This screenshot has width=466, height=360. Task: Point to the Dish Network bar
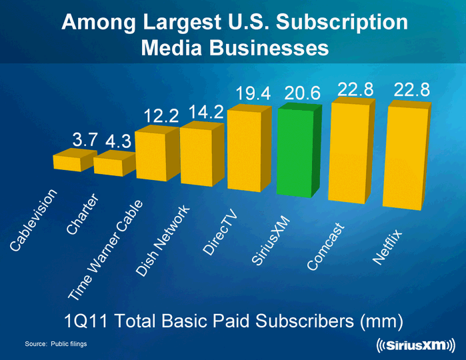pos(196,153)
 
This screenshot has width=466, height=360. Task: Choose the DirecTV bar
pos(245,150)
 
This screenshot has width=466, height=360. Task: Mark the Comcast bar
pos(350,152)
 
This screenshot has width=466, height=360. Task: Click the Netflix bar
pos(403,157)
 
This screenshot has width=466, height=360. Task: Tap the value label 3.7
pos(85,139)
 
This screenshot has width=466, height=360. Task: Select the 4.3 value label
pos(119,142)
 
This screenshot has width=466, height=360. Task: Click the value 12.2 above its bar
pos(161,117)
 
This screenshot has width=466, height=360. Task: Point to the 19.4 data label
pos(253,95)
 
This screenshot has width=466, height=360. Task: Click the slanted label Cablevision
pos(37,220)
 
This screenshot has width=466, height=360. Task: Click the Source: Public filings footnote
pos(56,343)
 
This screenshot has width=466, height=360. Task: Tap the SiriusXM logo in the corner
pos(411,344)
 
